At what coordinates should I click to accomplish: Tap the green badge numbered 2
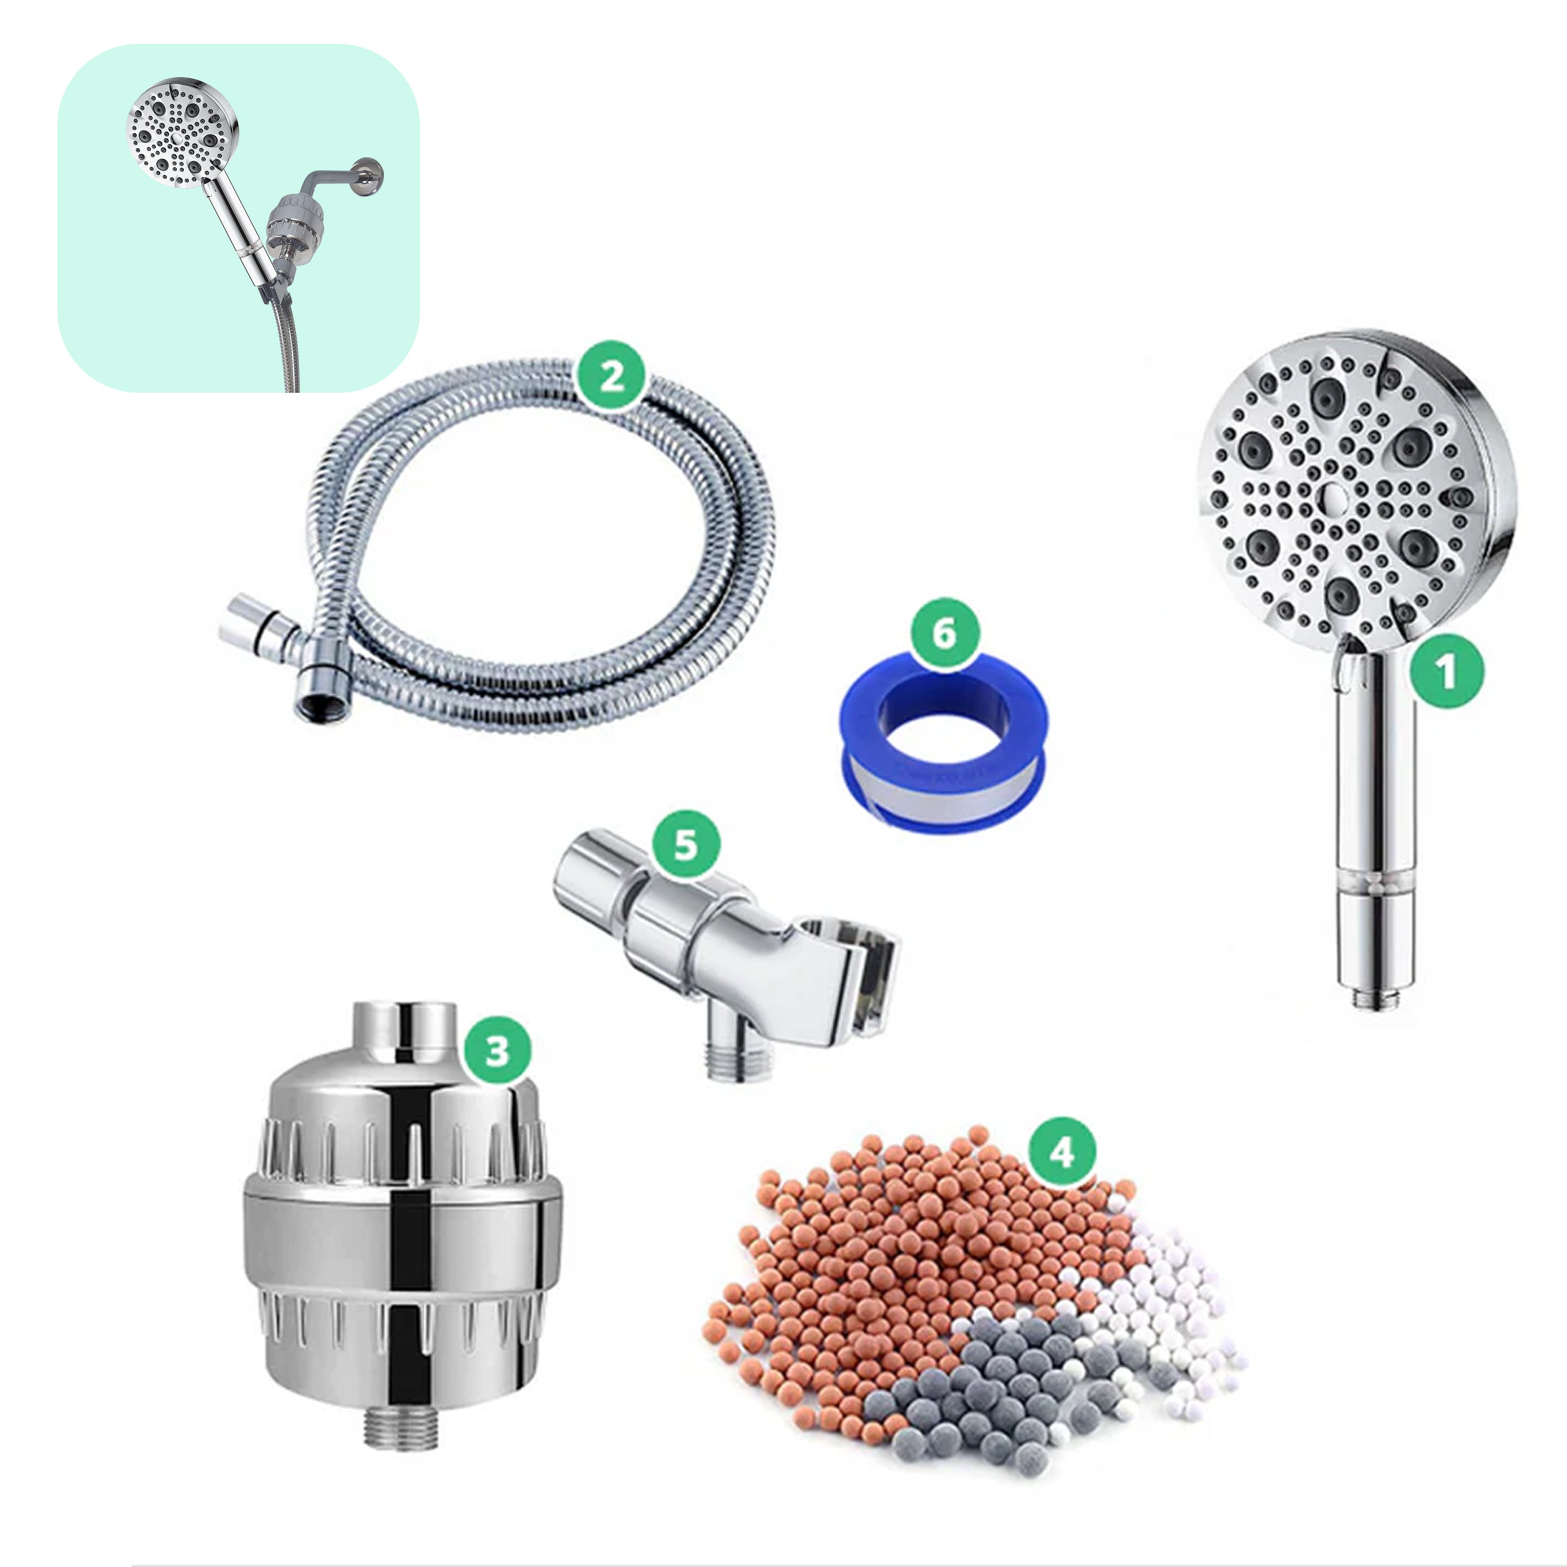click(612, 376)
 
